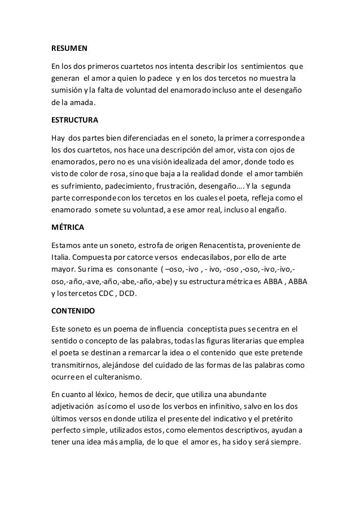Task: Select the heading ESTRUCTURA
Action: pyautogui.click(x=74, y=121)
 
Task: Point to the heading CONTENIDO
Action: pyautogui.click(x=72, y=311)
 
